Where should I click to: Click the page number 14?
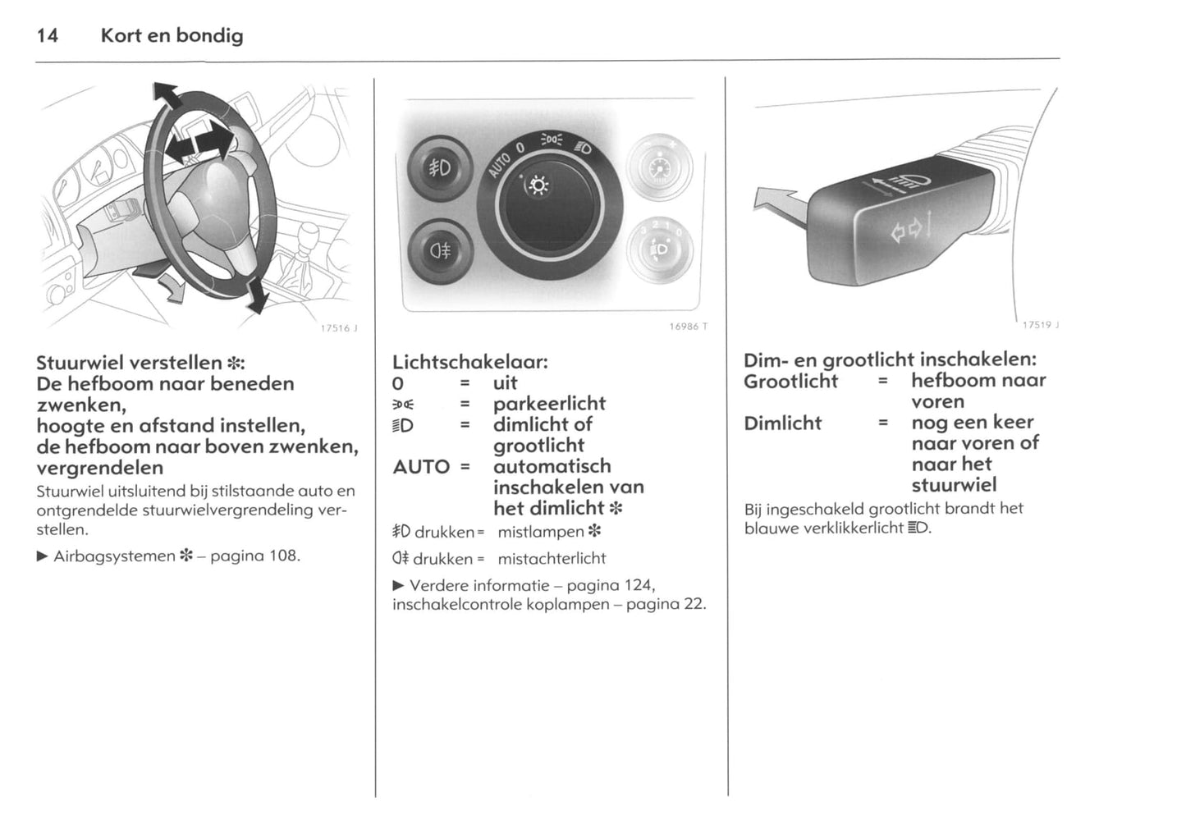click(48, 35)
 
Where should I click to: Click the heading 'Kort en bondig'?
click(172, 35)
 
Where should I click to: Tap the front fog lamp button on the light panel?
click(440, 169)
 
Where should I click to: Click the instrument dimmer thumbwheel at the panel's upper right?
click(660, 169)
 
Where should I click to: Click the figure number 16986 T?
click(688, 327)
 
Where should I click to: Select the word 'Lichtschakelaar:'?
click(469, 362)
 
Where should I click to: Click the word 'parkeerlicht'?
click(549, 404)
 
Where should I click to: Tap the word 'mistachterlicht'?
click(552, 559)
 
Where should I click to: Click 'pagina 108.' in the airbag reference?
click(255, 556)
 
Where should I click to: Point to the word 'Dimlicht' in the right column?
click(782, 423)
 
